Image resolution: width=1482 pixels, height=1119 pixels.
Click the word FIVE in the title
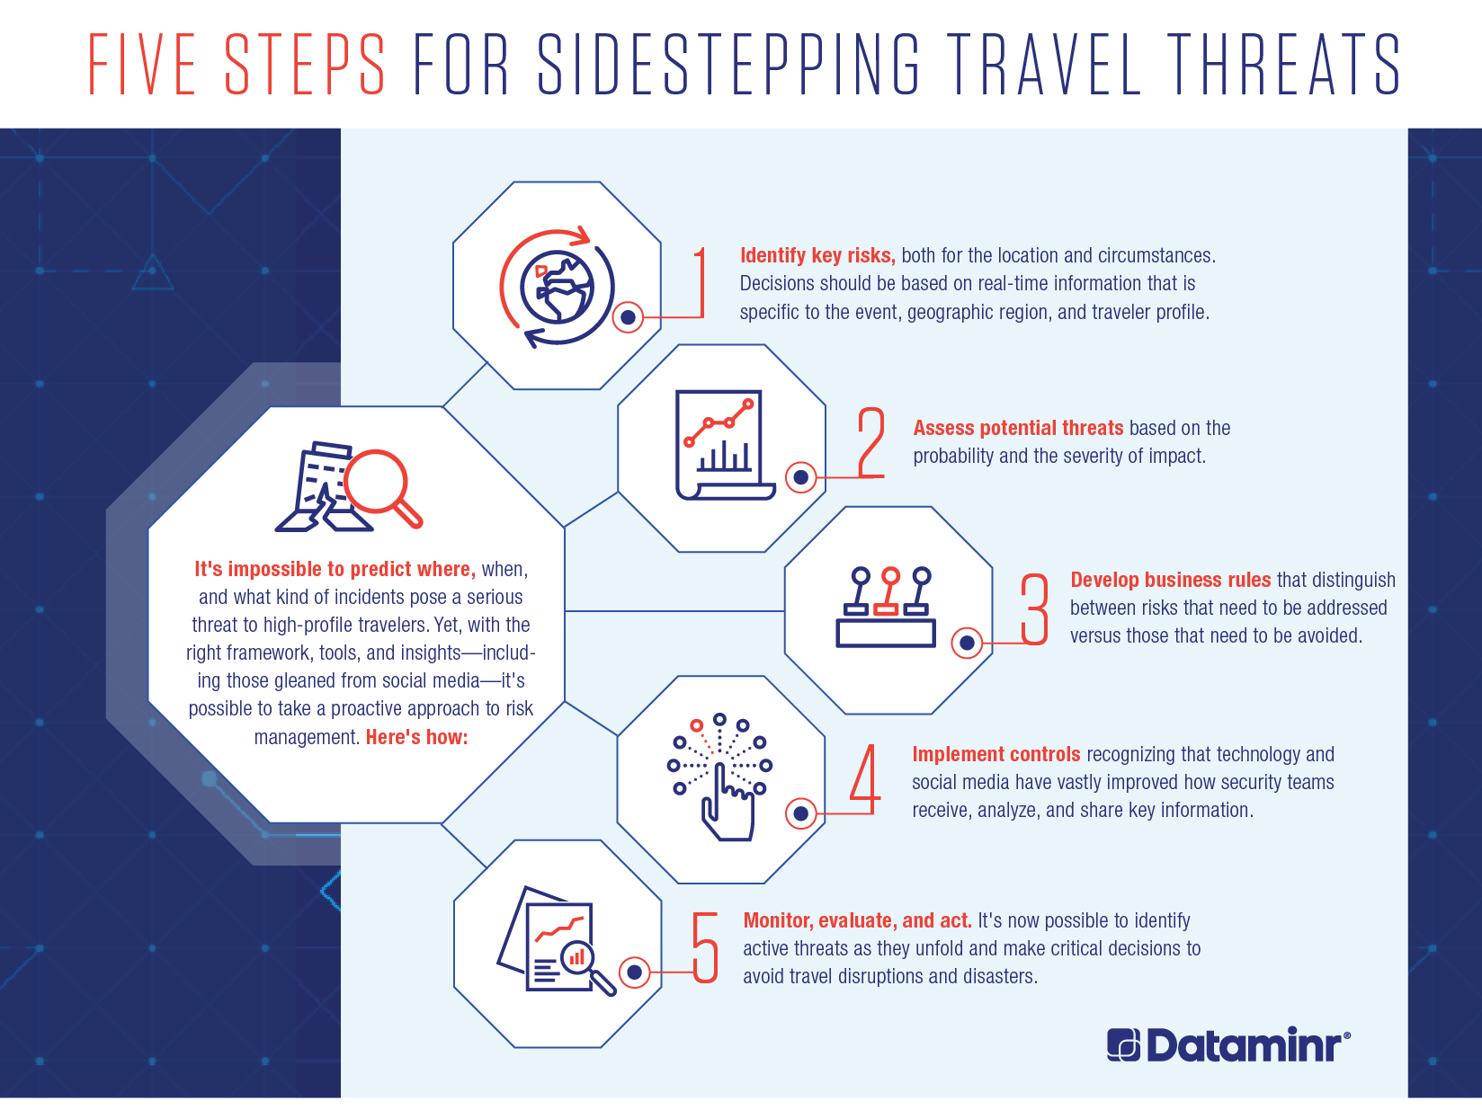pyautogui.click(x=142, y=64)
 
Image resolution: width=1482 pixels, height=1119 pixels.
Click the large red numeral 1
pyautogui.click(x=701, y=282)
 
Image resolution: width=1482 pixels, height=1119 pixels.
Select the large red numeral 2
pyautogui.click(x=871, y=442)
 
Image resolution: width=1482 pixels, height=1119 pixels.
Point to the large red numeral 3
pyautogui.click(x=1034, y=609)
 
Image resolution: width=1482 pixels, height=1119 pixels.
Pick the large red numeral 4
pyautogui.click(x=866, y=779)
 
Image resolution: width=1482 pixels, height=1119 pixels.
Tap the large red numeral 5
pyautogui.click(x=705, y=947)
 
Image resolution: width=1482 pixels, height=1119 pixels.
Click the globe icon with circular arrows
pyautogui.click(x=557, y=288)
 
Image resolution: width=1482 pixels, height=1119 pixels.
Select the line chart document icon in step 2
pyautogui.click(x=725, y=445)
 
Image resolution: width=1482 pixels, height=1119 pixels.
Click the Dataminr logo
pyautogui.click(x=1228, y=1044)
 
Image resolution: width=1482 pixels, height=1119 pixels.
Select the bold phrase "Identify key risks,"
pyautogui.click(x=817, y=255)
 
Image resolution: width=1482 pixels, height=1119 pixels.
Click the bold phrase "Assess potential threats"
pyautogui.click(x=1018, y=428)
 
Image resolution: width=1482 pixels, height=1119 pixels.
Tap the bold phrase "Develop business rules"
pyautogui.click(x=1171, y=580)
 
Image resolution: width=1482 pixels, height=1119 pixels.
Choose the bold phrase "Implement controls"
pyautogui.click(x=996, y=754)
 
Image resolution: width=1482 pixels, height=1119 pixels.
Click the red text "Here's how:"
pyautogui.click(x=416, y=736)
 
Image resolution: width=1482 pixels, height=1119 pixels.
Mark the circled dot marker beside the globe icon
pyautogui.click(x=628, y=317)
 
